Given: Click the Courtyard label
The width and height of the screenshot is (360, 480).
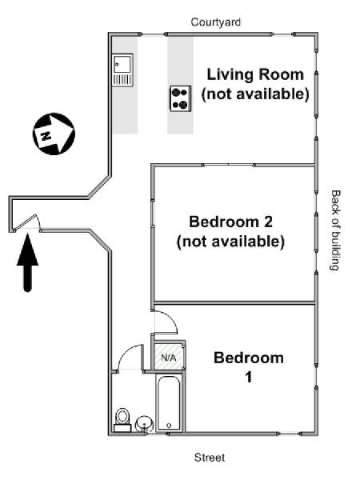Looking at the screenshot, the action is [215, 22].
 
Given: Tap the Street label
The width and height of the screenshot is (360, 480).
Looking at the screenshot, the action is [210, 458].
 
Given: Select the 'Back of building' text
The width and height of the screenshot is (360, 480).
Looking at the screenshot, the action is [336, 230].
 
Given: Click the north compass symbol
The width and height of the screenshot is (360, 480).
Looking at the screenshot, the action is [54, 134].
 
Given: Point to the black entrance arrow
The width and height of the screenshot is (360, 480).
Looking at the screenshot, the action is [27, 262].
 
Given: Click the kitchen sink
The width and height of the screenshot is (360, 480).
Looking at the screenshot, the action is [122, 70].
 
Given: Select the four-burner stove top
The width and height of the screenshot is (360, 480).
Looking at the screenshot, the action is [181, 98].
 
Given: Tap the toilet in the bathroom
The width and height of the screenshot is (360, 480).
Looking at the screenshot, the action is [122, 420].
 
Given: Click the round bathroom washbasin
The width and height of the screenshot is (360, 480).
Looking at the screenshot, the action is [144, 424].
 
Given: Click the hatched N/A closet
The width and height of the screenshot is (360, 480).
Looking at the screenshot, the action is [168, 357].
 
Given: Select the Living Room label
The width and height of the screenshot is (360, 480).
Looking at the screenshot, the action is [255, 84].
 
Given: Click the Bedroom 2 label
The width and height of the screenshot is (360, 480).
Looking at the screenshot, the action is [230, 231].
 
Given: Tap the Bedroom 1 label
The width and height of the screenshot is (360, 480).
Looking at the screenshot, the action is [249, 367].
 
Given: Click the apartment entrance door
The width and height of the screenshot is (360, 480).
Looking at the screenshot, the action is [27, 222].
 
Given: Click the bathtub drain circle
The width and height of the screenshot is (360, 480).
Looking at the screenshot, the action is [169, 426].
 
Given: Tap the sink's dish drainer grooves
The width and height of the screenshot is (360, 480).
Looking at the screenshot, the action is [122, 80].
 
